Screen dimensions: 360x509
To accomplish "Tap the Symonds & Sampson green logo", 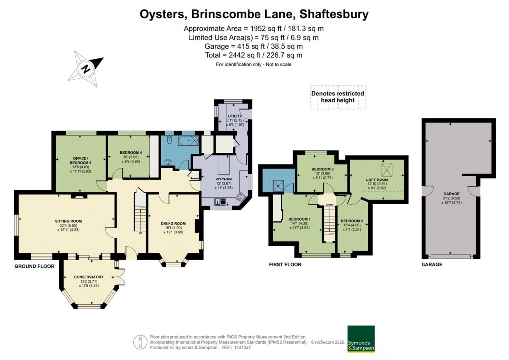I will [360, 339].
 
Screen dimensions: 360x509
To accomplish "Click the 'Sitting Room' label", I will [68, 221].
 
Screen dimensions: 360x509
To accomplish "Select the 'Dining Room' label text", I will [173, 224].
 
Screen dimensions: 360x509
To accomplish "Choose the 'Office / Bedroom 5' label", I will [80, 161].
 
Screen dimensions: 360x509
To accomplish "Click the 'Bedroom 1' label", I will [299, 219].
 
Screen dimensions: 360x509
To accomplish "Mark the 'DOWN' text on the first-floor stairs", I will [329, 205].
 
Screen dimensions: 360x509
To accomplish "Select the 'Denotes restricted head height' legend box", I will [338, 97].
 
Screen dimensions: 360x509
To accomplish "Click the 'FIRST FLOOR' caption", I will [285, 265].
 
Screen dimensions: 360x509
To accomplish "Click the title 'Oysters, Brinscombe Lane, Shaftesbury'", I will [254, 14].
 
